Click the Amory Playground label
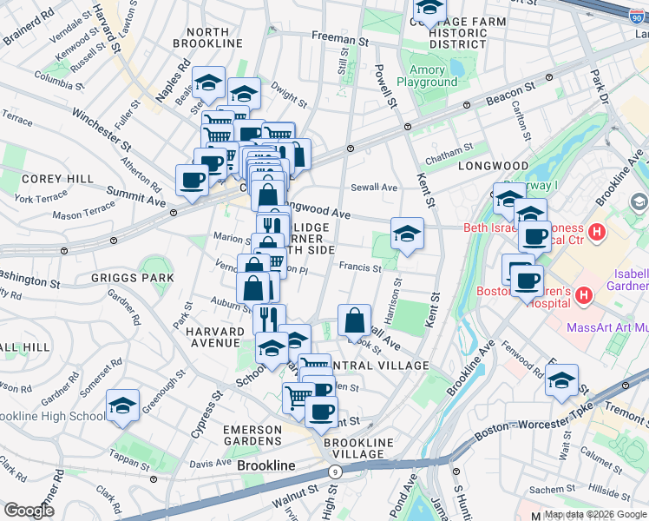[427, 76]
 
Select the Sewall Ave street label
[374, 187]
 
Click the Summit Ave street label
[135, 201]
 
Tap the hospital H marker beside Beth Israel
[596, 232]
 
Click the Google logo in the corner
[29, 511]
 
